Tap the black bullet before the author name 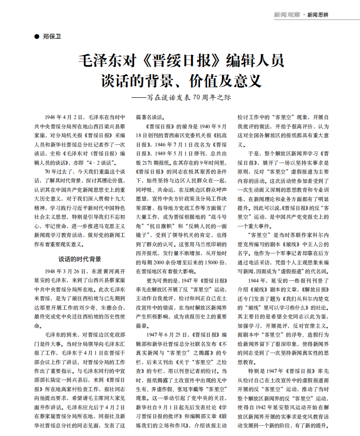[x=37, y=36]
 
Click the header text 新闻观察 [x=287, y=15]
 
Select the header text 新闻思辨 [x=318, y=15]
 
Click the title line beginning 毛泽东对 [x=180, y=61]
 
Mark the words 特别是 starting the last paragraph [x=256, y=371]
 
